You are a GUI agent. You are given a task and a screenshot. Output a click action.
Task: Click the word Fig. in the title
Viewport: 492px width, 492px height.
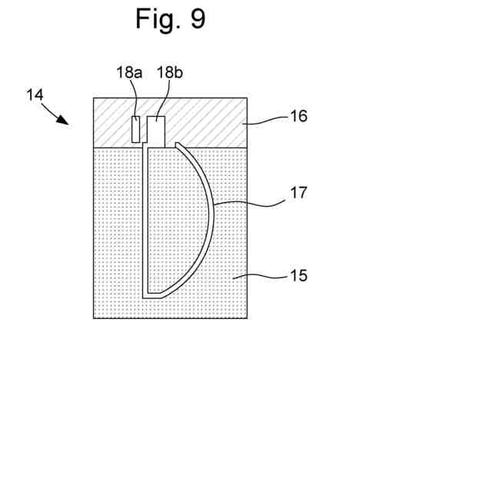point(157,18)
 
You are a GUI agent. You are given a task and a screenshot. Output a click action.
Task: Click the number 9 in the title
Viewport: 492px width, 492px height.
point(198,18)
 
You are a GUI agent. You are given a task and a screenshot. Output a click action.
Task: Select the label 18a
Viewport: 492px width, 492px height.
point(129,74)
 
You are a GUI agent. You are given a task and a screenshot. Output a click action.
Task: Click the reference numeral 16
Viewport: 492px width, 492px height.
point(298,116)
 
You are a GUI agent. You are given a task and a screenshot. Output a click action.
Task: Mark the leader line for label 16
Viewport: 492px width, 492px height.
point(265,120)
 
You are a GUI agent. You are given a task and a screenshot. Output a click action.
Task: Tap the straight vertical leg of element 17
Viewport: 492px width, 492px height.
point(145,223)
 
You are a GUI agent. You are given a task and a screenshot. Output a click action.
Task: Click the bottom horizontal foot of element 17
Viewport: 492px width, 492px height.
point(154,295)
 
